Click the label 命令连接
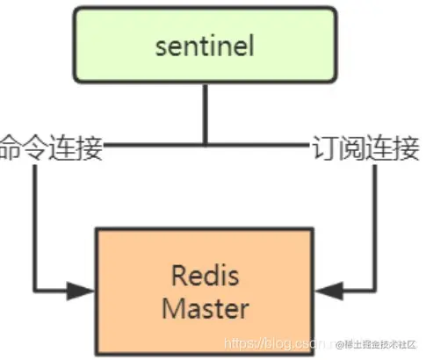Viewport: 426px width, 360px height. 51,148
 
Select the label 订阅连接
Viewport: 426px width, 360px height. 365,148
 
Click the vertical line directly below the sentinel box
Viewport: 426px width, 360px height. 205,114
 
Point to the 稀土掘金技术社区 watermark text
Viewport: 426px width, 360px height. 382,342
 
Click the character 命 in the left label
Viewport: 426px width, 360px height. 12,148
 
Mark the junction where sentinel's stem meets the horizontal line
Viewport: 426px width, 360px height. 205,143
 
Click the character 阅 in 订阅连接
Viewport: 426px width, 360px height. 352,148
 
